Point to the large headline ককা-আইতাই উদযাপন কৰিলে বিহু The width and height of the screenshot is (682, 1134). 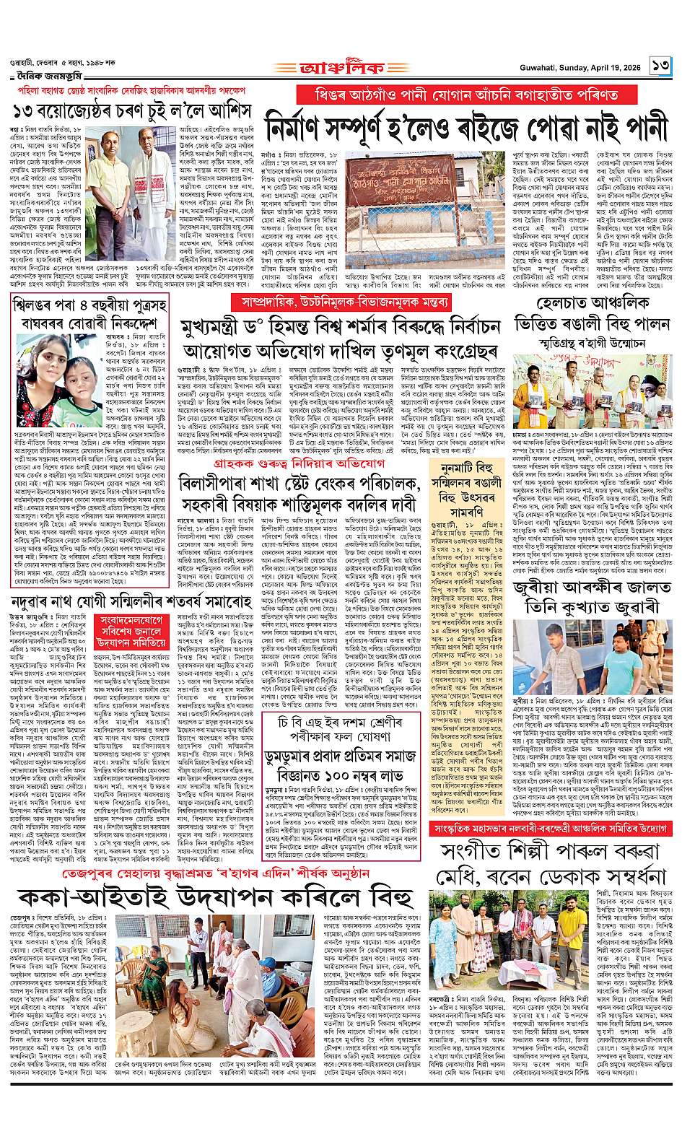click(223, 898)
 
